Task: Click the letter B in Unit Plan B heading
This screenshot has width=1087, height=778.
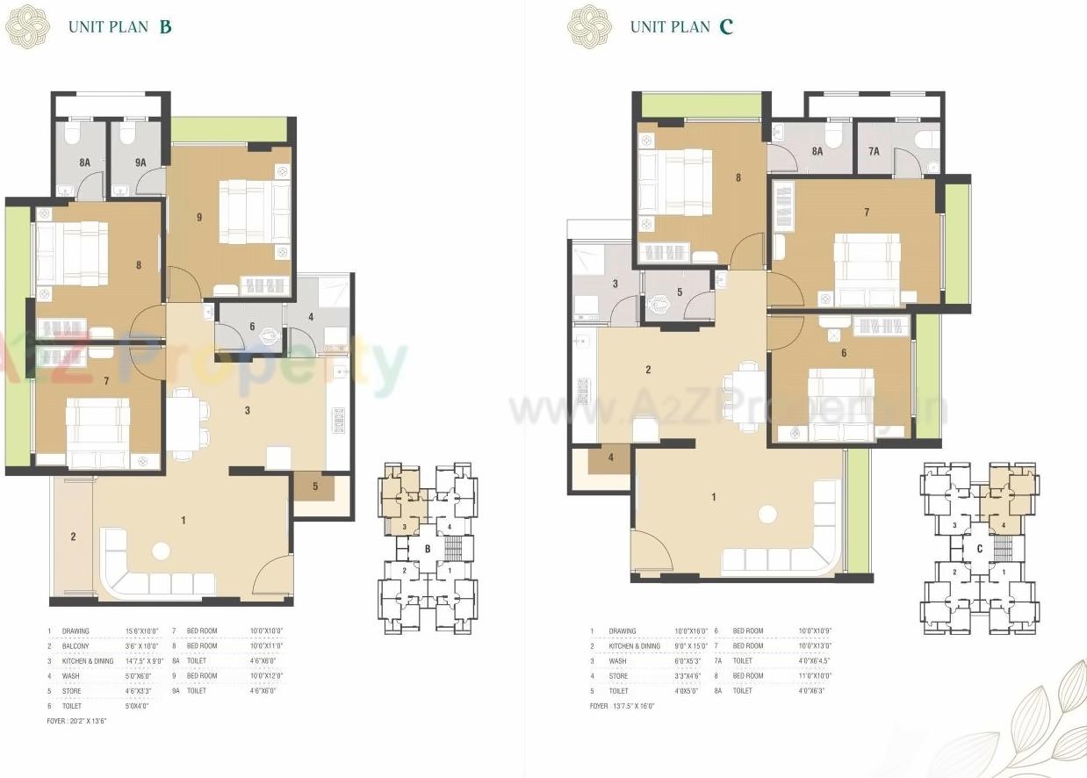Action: [165, 26]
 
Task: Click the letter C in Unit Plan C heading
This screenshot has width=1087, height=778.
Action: [725, 26]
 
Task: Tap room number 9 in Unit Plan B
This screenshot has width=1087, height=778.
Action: [199, 216]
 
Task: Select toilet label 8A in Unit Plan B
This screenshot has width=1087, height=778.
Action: [84, 162]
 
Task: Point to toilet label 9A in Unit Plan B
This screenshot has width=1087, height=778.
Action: [140, 162]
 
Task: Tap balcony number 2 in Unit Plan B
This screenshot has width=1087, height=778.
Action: [73, 537]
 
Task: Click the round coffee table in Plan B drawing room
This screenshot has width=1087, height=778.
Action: [160, 551]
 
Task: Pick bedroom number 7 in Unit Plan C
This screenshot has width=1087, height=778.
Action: [866, 213]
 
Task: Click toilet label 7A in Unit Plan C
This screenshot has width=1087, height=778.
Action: [874, 151]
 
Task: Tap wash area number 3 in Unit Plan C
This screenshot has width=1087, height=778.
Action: [615, 284]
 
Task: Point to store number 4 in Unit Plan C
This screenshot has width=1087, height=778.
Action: [611, 457]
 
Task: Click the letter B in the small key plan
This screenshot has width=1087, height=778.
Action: [428, 550]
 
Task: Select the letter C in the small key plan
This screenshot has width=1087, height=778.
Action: [978, 550]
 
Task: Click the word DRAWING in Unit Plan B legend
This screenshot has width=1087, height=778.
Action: [76, 631]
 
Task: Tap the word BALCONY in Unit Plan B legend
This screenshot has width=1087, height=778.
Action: [76, 646]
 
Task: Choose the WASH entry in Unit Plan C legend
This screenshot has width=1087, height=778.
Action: [618, 661]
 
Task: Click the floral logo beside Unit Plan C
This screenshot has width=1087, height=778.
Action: [588, 25]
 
